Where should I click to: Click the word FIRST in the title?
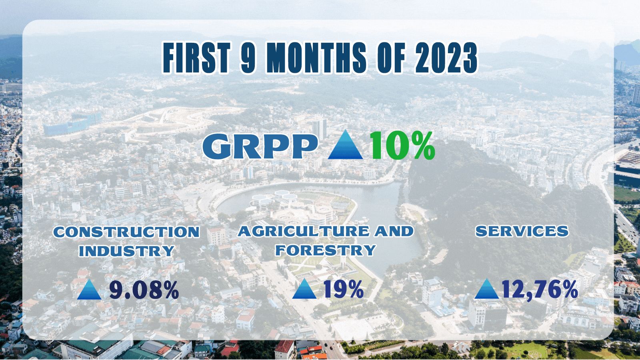[196, 58]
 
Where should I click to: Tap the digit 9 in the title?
[248, 58]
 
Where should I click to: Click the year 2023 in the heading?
[446, 58]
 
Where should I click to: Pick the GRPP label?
[260, 146]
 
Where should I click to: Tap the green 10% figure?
[402, 146]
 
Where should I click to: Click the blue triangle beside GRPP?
[345, 144]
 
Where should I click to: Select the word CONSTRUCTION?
[126, 232]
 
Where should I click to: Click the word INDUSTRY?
[126, 251]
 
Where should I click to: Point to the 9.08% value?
[144, 290]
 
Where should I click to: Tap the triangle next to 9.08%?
[89, 289]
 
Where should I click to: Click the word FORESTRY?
[326, 250]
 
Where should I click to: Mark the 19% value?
[344, 289]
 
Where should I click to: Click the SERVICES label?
[522, 231]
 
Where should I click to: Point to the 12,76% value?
[540, 290]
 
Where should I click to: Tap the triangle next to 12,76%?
[486, 289]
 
